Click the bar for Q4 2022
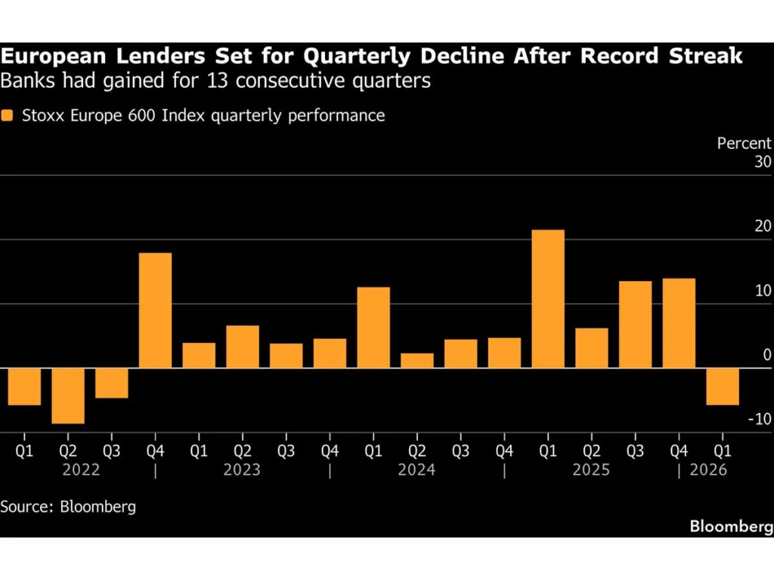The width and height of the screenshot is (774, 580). point(155,310)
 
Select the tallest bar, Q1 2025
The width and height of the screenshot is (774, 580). point(548,298)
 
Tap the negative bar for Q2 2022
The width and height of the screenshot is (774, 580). point(67,396)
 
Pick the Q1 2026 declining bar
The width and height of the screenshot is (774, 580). point(723,387)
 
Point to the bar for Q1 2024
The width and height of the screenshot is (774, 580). point(373,327)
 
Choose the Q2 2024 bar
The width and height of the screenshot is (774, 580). point(417,360)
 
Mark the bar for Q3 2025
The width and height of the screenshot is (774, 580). point(635,324)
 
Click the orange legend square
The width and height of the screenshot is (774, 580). point(8,116)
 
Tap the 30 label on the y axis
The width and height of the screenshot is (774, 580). point(763,162)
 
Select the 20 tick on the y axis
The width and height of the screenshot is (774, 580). point(762,227)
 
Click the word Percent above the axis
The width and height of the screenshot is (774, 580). point(744,143)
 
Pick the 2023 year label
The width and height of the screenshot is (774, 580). point(242,470)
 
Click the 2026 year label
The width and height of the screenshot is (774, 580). point(708,470)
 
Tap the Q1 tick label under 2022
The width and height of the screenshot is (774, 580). point(24,451)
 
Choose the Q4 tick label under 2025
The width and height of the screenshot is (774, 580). point(679,451)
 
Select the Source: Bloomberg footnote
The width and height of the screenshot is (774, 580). point(68,506)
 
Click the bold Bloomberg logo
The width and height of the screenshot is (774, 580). point(731,526)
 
